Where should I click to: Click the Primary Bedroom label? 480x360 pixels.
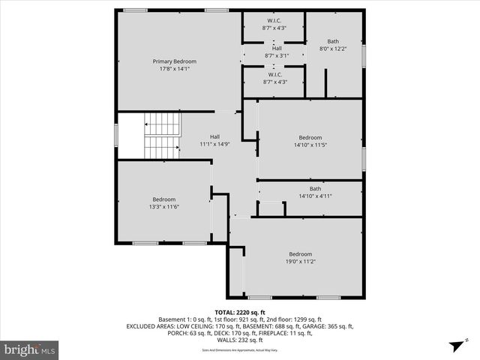point(174,61)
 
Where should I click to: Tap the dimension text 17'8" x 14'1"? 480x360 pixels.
point(174,68)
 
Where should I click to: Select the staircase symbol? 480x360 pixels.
point(162,136)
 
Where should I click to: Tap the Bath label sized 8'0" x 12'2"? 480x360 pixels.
point(334,45)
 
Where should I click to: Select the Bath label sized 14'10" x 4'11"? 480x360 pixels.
point(315,192)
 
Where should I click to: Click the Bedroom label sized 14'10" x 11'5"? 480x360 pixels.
point(310,141)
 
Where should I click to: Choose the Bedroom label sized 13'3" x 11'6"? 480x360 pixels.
point(163,202)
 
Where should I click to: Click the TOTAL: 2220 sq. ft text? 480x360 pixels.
point(240,313)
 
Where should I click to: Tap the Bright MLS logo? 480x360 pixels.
point(30,349)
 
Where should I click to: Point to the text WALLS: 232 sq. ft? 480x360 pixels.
point(240,340)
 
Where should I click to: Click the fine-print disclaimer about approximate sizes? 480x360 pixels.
point(240,349)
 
